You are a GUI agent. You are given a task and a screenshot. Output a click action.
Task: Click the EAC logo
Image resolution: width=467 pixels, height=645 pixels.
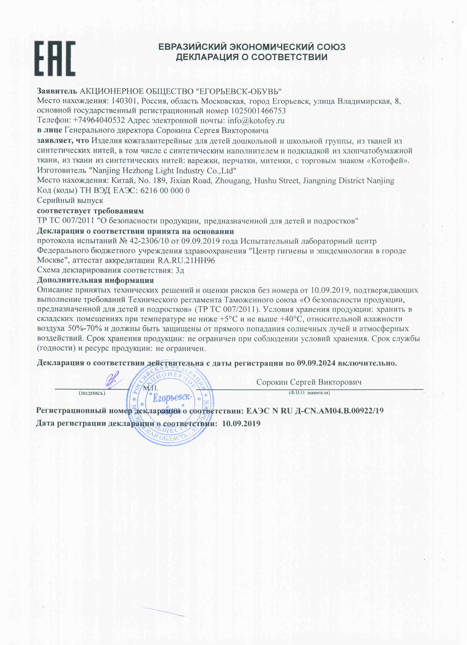click(x=55, y=59)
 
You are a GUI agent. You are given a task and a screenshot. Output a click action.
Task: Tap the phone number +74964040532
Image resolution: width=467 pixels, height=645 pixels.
click(x=99, y=121)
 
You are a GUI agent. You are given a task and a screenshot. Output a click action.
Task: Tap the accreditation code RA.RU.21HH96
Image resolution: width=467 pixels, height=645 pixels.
click(x=186, y=260)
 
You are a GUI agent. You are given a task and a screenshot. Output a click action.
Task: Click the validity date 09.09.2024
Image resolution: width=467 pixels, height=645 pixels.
click(x=316, y=363)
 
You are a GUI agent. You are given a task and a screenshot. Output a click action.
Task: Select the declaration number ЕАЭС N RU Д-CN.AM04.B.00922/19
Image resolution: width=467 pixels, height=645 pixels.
click(x=315, y=411)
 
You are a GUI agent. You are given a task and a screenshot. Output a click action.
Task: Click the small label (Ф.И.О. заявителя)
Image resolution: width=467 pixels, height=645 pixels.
click(x=309, y=393)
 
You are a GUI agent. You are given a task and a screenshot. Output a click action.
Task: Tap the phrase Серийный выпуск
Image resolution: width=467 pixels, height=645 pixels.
click(x=70, y=201)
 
